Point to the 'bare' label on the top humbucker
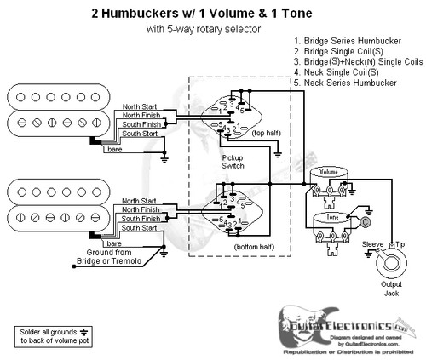click(x=112, y=150)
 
